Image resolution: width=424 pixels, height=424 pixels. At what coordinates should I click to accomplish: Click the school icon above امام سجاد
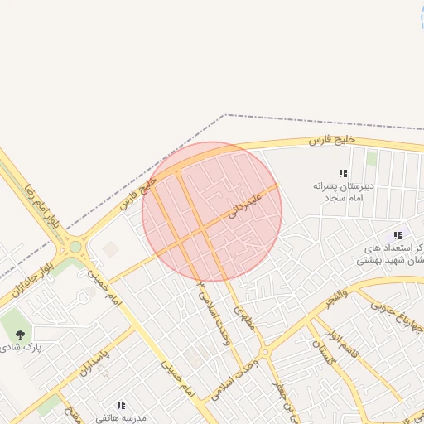[343, 173]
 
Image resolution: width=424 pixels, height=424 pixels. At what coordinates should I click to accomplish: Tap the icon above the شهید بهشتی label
[398, 236]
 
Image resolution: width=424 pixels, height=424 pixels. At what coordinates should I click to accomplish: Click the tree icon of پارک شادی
[20, 334]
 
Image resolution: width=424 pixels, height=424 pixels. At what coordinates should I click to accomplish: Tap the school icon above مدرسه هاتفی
[120, 405]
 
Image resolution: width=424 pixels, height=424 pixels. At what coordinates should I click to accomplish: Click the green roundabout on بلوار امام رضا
[75, 247]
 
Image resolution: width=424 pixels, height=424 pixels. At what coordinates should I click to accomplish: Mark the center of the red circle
[212, 212]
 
